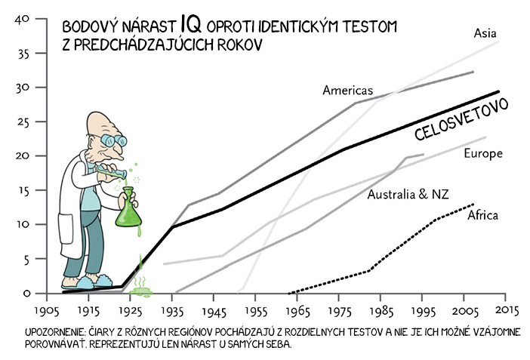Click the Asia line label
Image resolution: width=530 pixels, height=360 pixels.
pyautogui.click(x=485, y=33)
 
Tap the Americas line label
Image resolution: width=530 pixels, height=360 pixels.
pyautogui.click(x=347, y=91)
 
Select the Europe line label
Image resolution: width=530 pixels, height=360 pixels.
pyautogui.click(x=484, y=153)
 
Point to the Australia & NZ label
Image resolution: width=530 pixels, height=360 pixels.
pyautogui.click(x=408, y=195)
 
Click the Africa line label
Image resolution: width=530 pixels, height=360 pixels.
pyautogui.click(x=482, y=216)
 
